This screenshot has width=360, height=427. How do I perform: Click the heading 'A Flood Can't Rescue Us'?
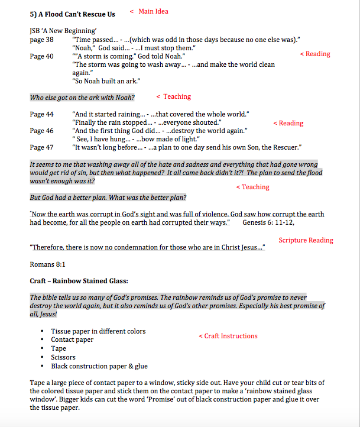(x=77, y=14)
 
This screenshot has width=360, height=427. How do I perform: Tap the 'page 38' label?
(x=41, y=40)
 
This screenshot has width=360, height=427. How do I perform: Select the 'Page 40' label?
(x=41, y=57)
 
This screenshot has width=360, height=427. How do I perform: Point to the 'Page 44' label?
(x=41, y=114)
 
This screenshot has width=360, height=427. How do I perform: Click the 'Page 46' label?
(x=41, y=131)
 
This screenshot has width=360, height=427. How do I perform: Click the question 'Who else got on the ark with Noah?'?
(x=82, y=98)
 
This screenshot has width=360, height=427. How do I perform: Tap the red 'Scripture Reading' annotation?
(x=306, y=240)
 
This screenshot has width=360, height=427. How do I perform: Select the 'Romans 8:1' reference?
(x=47, y=264)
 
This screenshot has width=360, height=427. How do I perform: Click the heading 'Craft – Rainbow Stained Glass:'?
(x=79, y=280)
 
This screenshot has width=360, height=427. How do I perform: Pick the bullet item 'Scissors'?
(x=63, y=357)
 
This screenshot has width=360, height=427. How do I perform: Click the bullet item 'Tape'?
(x=59, y=349)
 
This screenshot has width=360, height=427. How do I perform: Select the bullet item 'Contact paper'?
(x=72, y=340)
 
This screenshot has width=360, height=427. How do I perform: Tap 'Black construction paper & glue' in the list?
(x=99, y=366)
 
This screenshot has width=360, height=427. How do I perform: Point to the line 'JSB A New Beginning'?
(x=63, y=31)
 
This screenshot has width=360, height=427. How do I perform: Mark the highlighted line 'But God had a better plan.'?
(x=108, y=198)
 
